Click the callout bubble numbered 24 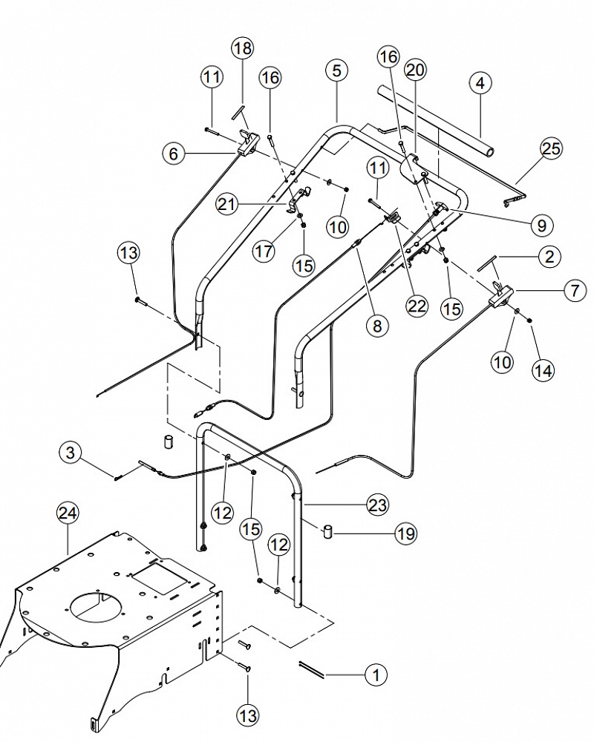tap(68, 513)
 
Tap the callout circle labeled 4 tap(480, 83)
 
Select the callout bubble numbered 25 tap(551, 148)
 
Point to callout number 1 tap(376, 674)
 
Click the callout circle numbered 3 tap(71, 453)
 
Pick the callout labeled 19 tap(406, 533)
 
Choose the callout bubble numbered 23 tap(377, 505)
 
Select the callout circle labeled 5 tap(337, 70)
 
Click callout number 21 tap(228, 204)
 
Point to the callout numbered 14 tap(543, 370)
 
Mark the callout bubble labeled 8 tap(377, 326)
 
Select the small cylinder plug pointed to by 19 tap(327, 531)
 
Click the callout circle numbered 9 tap(541, 226)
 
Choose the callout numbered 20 tap(415, 70)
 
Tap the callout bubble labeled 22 tap(417, 306)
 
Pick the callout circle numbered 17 tap(264, 250)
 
